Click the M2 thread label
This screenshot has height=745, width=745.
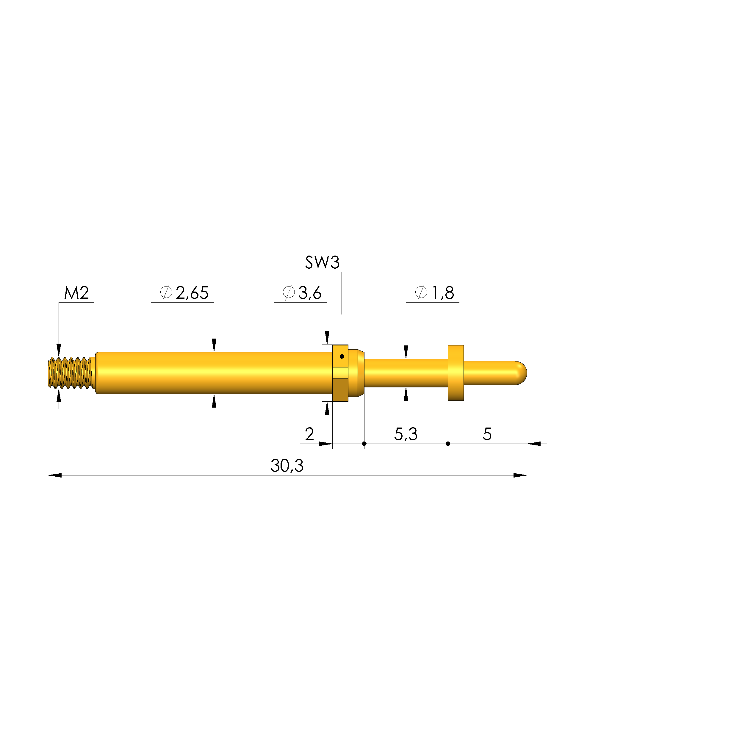coord(76,293)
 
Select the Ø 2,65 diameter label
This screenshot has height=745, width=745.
coord(184,293)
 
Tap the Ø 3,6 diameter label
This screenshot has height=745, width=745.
coord(302,293)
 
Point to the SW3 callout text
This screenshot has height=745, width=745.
coord(323,263)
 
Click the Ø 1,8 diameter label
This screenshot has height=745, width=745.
coord(435,293)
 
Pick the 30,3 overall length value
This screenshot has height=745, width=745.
coord(287,466)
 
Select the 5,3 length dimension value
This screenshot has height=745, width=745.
coord(406,434)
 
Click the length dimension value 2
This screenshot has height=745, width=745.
coord(309,434)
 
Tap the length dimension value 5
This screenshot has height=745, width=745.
coord(487,434)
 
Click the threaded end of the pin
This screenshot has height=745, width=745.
coord(71,373)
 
